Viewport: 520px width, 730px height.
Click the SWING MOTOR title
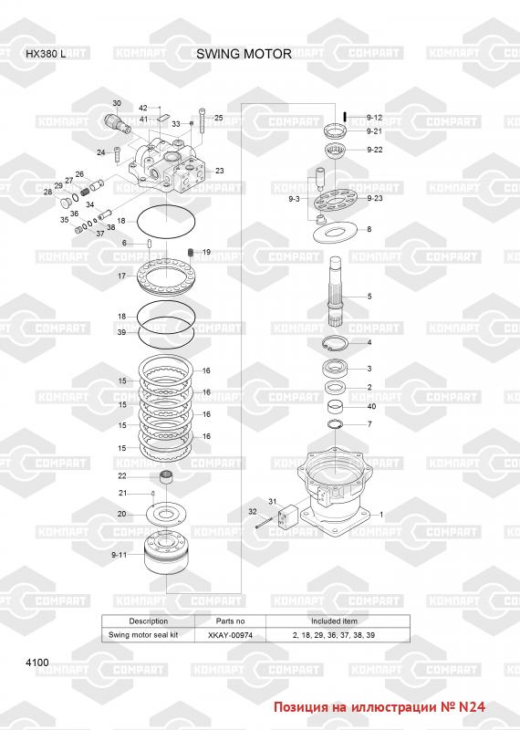244,54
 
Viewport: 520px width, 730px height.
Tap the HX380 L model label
46,54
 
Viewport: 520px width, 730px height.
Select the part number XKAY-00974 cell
230,635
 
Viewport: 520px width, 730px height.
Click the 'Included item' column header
334,621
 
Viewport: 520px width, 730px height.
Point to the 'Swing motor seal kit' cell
143,634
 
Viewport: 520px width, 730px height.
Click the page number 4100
37,662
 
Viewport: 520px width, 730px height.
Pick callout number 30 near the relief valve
117,103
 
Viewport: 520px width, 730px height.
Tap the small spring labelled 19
191,252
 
